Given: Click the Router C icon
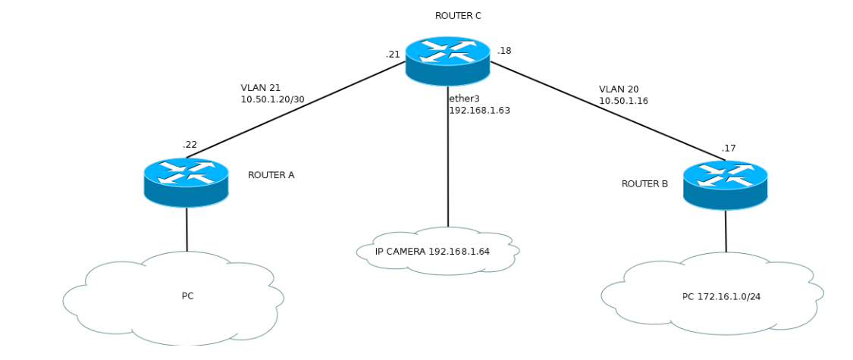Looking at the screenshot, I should (447, 60).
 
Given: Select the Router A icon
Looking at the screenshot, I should (186, 182).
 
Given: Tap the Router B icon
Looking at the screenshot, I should (726, 185).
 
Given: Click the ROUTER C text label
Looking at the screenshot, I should (458, 15).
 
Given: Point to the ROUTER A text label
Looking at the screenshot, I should (271, 175).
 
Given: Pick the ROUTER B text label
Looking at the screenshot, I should (644, 183).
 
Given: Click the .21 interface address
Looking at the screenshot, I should (393, 54).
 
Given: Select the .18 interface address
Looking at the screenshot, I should (504, 51).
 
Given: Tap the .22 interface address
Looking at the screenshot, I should (190, 144).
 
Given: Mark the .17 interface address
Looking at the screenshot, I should (729, 148).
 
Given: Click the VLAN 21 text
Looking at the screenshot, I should (260, 88).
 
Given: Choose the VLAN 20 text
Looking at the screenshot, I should (618, 89).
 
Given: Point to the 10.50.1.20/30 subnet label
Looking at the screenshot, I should (272, 99).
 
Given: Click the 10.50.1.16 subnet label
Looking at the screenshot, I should (623, 100).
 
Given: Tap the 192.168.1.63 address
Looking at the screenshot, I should (479, 110).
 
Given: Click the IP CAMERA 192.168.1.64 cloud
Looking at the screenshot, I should (437, 251).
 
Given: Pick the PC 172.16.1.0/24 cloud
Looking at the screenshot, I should (712, 296).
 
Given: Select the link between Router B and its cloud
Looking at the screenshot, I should (726, 231).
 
